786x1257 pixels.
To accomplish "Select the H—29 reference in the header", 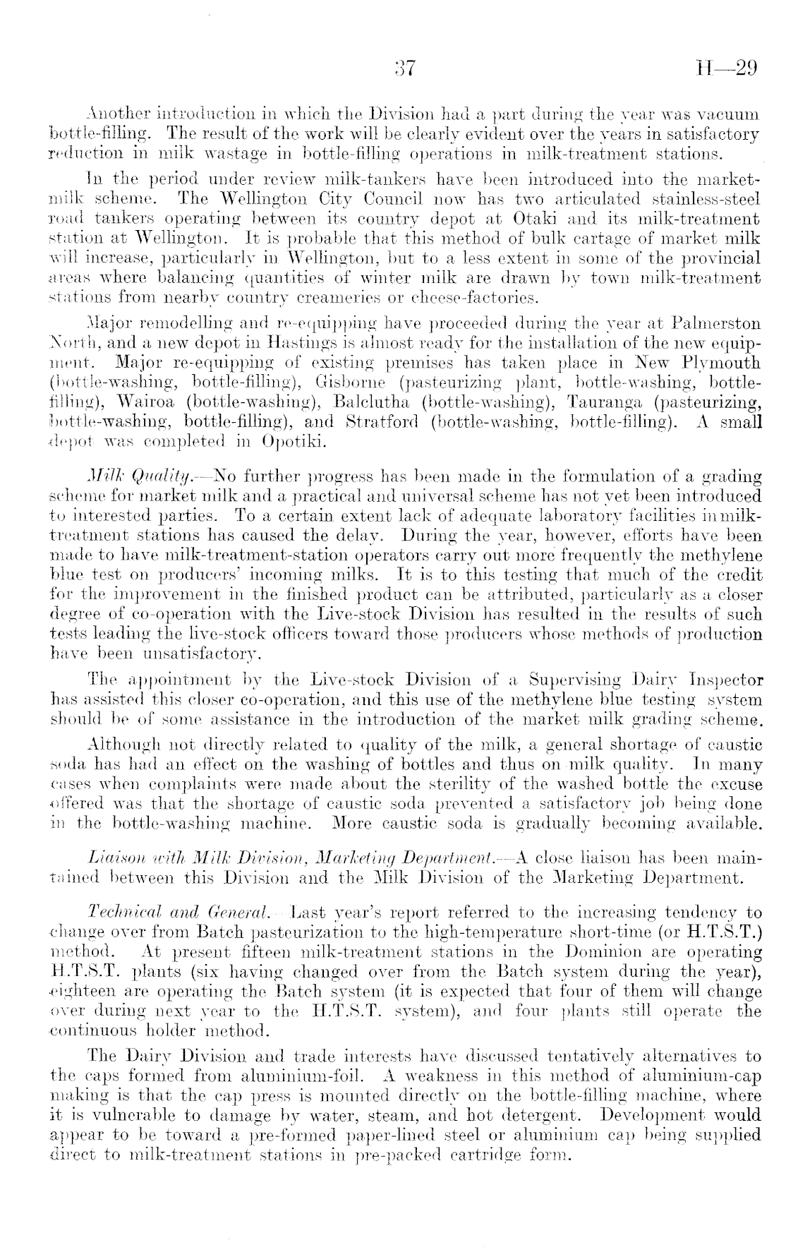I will (727, 68).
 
